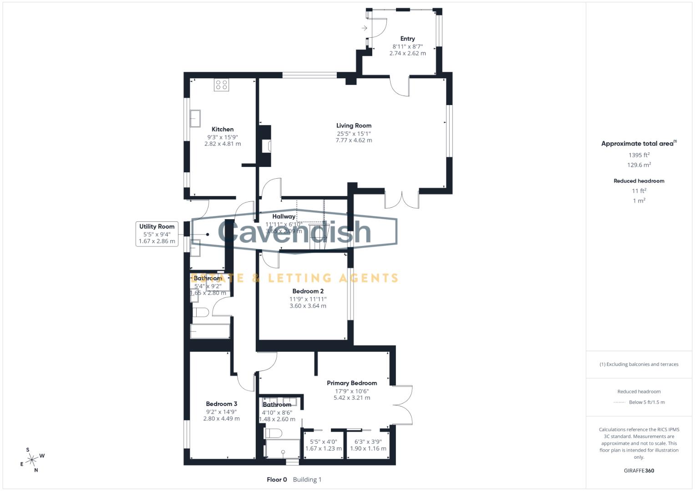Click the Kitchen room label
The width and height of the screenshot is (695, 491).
223,130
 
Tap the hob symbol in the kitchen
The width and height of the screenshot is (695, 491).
221,85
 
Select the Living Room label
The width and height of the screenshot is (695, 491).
354,125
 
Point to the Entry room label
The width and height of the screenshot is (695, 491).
407,39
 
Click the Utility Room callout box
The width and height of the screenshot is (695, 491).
157,234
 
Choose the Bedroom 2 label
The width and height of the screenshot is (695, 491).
308,291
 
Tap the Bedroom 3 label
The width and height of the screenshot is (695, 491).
221,404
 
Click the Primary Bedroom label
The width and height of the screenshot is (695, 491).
352,383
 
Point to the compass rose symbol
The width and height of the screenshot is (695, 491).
32,460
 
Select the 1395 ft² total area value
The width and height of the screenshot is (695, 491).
639,155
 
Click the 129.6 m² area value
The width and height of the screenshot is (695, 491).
639,165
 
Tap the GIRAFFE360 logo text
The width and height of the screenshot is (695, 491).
639,471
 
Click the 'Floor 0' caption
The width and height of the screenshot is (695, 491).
277,480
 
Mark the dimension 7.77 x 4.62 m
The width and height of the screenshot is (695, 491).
354,140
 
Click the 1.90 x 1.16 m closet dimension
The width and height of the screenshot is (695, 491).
368,449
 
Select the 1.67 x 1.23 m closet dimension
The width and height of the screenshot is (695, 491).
323,449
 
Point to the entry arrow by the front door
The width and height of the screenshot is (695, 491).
364,28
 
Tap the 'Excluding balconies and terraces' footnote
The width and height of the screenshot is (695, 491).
639,364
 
